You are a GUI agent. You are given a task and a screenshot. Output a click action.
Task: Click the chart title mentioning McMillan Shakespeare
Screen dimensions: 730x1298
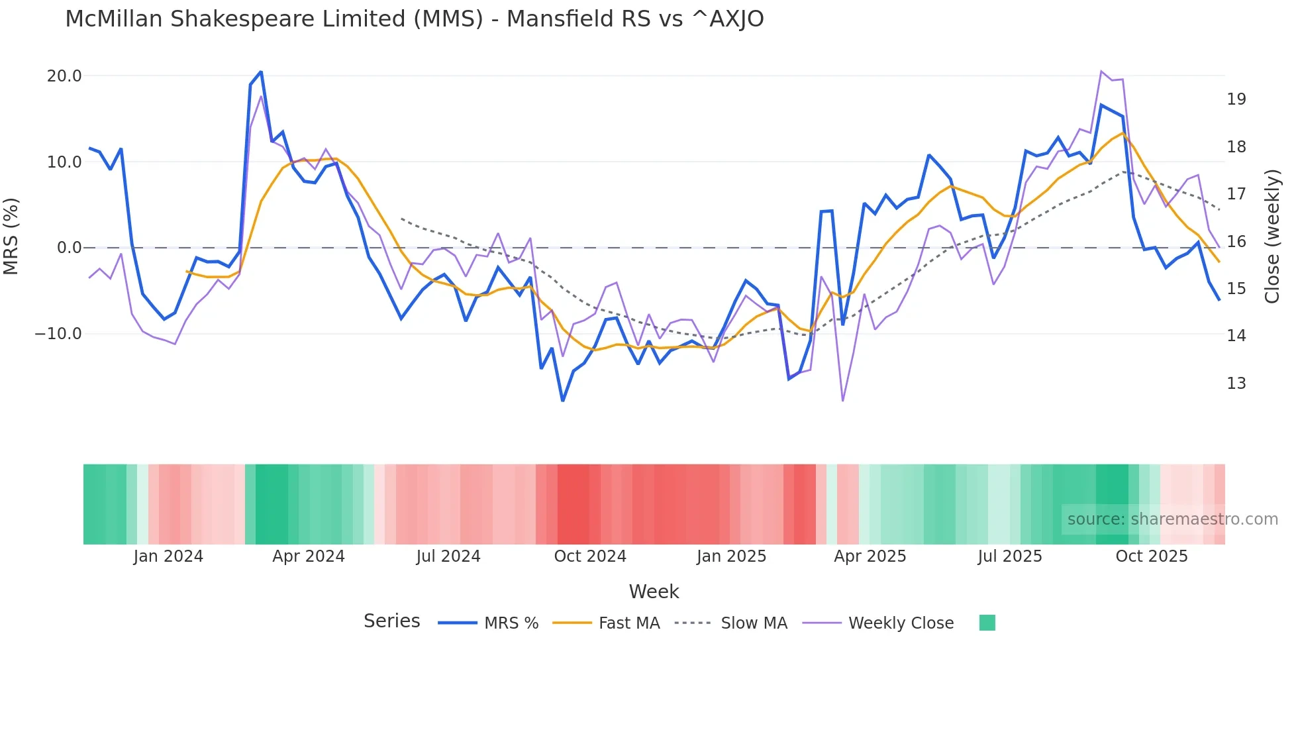click(x=414, y=19)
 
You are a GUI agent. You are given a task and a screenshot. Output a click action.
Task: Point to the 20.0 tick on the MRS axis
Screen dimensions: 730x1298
click(x=64, y=76)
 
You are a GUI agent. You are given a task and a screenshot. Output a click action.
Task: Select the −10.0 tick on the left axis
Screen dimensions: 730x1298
click(x=58, y=334)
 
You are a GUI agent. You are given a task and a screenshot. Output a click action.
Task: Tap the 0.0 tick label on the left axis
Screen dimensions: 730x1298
click(x=69, y=248)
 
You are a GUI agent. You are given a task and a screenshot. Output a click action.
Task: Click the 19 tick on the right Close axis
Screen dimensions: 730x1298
click(x=1236, y=99)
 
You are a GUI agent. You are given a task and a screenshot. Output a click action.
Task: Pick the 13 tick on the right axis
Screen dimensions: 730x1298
click(x=1236, y=384)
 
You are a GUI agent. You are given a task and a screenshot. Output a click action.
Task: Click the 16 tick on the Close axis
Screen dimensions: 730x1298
click(x=1236, y=242)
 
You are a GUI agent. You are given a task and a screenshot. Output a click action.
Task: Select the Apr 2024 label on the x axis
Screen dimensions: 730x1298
click(x=309, y=556)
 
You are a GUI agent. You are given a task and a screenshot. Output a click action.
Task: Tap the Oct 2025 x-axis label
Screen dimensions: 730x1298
click(x=1152, y=556)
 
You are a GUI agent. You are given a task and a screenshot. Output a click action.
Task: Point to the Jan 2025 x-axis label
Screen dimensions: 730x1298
click(x=731, y=556)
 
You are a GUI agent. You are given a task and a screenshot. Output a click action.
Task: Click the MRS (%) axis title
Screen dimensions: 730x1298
click(x=11, y=236)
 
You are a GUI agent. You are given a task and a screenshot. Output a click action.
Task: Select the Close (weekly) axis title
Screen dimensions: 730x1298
click(x=1272, y=236)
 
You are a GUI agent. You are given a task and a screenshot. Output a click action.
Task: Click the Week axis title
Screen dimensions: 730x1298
click(x=654, y=592)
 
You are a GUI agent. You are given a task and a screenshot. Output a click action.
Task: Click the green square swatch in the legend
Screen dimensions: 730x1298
click(x=987, y=623)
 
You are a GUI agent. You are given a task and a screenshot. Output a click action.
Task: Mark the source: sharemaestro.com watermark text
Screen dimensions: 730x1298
click(x=1172, y=519)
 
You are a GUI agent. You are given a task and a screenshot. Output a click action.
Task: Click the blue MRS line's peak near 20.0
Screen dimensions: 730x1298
click(x=261, y=72)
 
